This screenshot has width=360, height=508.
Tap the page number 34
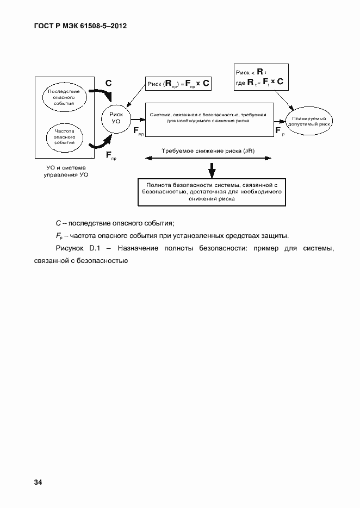(x=38, y=482)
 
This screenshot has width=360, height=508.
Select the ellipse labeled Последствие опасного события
(x=64, y=96)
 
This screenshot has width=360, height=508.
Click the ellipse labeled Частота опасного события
(x=64, y=136)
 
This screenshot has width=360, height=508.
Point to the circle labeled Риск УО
(x=116, y=118)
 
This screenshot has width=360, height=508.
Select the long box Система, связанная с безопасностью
(x=209, y=118)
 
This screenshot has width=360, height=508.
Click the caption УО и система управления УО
(x=66, y=172)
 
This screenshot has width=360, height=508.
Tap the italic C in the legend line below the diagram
(x=58, y=223)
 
